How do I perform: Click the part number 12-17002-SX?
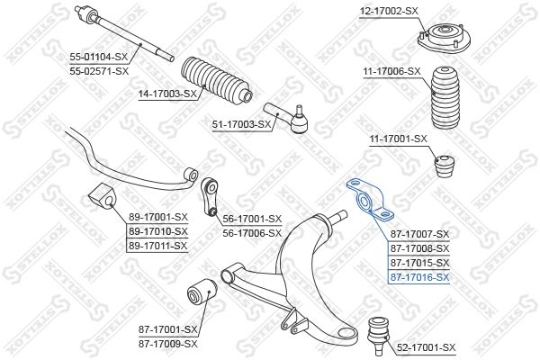(x=389, y=12)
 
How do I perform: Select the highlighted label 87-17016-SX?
(x=419, y=277)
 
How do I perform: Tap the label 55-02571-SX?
(x=99, y=72)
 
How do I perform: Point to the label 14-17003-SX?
(x=167, y=94)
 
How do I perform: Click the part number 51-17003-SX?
(x=242, y=124)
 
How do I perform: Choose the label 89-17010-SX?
(x=158, y=231)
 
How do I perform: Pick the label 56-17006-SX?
(x=252, y=233)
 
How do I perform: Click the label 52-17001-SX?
(x=426, y=347)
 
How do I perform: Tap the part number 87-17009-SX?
(x=168, y=344)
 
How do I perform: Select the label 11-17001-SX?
(x=398, y=139)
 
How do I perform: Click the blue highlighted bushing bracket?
(x=370, y=199)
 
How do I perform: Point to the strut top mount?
(x=444, y=38)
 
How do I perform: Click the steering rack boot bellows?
(x=216, y=80)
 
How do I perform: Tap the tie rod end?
(x=289, y=118)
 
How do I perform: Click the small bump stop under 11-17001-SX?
(x=445, y=166)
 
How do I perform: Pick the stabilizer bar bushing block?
(x=103, y=197)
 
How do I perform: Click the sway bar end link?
(x=210, y=196)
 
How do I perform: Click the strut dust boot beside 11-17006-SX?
(x=445, y=98)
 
